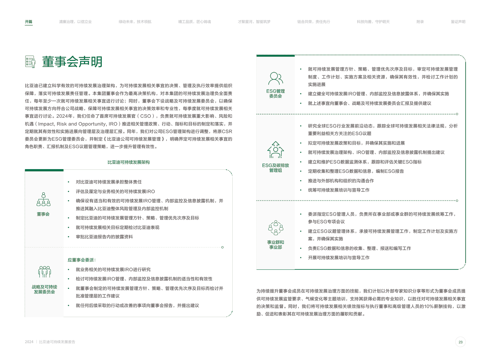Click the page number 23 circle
(460, 342)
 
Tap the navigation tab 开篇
(28, 22)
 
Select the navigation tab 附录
(420, 22)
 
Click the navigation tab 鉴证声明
(458, 22)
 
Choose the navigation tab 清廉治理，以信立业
(75, 22)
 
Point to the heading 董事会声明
(72, 62)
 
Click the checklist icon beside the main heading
(30, 62)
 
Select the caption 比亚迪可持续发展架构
(129, 162)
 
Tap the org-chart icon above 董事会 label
(43, 199)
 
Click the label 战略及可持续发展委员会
(44, 289)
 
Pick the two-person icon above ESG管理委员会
(276, 78)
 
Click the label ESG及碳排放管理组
(276, 168)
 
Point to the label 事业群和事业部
(276, 245)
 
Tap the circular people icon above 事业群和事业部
(276, 228)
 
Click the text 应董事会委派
(82, 260)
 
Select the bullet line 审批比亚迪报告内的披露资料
(104, 237)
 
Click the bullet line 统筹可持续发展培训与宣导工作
(339, 190)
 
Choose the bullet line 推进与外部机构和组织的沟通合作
(341, 181)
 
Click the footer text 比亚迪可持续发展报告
(57, 342)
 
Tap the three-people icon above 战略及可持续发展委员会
(44, 272)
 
